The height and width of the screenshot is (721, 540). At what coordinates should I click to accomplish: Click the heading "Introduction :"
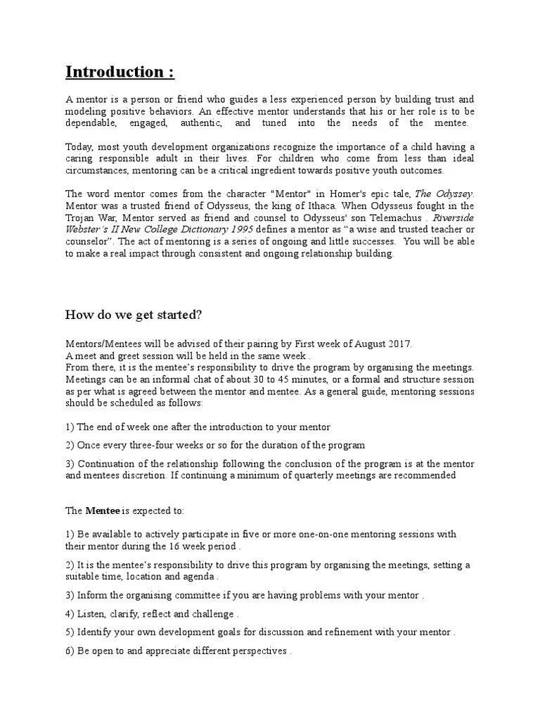(120, 72)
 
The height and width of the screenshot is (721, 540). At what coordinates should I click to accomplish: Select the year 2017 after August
(401, 343)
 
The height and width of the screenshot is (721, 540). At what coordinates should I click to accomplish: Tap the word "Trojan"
(81, 218)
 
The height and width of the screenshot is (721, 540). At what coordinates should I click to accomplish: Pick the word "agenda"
(193, 577)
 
